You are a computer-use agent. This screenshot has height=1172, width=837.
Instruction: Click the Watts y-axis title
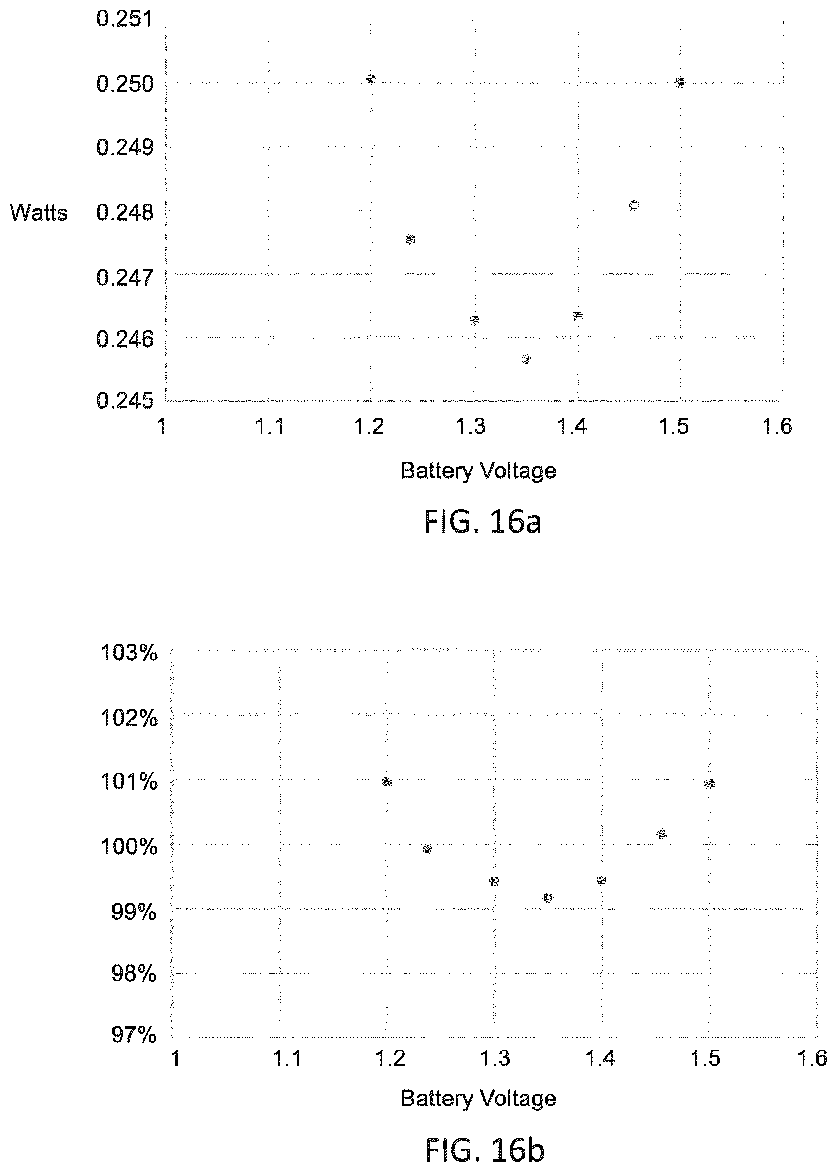point(39,213)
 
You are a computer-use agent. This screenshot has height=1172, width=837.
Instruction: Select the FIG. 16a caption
point(482,522)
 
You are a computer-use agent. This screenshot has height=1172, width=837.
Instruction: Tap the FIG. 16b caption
point(484,1150)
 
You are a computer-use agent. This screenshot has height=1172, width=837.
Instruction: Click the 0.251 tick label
point(125,19)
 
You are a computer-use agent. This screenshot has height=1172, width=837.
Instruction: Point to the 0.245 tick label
point(125,400)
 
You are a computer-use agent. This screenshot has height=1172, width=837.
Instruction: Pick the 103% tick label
point(129,653)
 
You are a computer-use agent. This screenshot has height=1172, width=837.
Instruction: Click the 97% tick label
point(134,1035)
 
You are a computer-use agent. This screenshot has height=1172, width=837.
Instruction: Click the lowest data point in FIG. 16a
point(526,359)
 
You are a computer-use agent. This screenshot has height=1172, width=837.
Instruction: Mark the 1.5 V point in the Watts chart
point(680,83)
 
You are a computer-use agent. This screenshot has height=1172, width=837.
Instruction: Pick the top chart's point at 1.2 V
point(371,79)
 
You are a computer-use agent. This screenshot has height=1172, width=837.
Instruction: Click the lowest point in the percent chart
point(548,898)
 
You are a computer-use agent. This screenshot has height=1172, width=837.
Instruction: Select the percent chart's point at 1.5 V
point(709,784)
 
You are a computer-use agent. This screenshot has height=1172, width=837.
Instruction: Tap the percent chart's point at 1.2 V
point(386,782)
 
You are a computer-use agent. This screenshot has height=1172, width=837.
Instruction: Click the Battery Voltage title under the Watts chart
point(478,471)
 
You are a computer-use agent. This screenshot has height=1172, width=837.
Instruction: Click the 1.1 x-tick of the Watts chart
point(269,426)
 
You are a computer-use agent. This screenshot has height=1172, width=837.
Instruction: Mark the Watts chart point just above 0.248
point(634,205)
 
